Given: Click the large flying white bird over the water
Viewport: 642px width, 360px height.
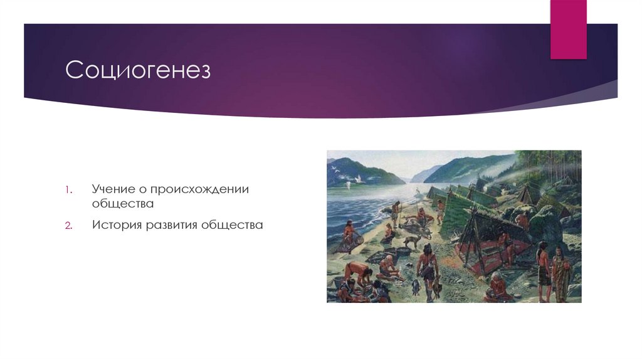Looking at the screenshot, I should pos(359,178).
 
